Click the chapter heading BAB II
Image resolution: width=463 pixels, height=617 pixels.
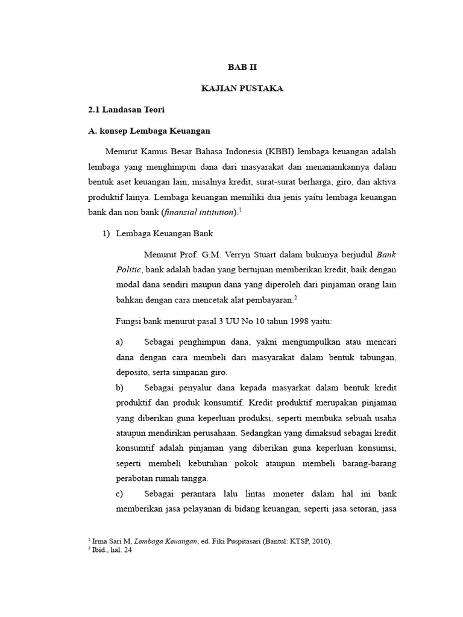point(242,67)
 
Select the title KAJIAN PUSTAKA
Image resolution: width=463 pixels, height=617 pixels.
point(242,89)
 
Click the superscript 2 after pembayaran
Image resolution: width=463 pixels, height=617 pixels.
point(295,298)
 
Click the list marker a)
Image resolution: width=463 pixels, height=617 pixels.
point(119,342)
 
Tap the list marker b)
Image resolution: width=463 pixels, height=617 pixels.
point(119,387)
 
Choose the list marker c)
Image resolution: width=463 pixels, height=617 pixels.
point(119,494)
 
